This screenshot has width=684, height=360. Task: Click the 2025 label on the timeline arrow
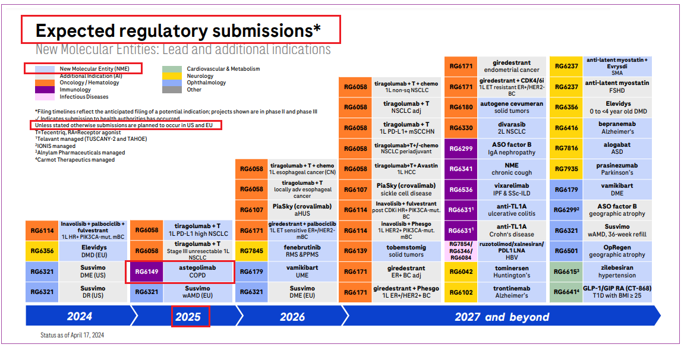click(188, 317)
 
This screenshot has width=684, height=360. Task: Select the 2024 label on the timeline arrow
click(80, 317)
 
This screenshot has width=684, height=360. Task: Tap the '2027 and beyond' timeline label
click(502, 317)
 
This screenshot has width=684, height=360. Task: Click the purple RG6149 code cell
click(147, 271)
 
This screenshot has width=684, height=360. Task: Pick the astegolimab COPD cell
click(198, 271)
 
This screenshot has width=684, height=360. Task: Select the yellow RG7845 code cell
click(252, 251)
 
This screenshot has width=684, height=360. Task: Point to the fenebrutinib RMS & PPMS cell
click(302, 251)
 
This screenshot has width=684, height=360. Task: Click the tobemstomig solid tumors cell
click(406, 251)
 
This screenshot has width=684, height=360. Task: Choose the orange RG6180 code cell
click(461, 107)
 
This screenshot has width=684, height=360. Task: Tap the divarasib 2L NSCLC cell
click(512, 128)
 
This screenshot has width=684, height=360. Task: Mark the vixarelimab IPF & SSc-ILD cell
click(512, 189)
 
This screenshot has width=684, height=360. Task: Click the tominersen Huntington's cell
click(512, 271)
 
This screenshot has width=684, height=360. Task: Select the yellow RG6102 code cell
click(461, 292)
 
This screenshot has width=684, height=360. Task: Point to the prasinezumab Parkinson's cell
click(617, 169)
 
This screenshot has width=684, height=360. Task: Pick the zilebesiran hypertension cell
click(617, 271)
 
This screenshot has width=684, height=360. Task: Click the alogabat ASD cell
click(617, 148)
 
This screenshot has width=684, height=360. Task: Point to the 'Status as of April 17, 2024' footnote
click(73, 335)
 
